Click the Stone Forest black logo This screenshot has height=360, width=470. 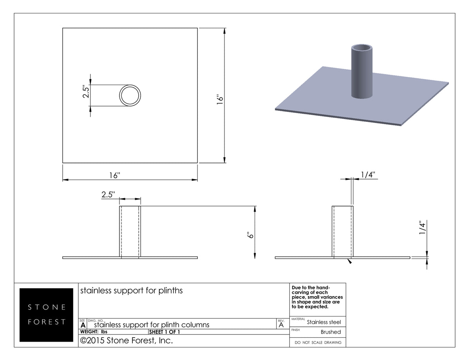[46, 315]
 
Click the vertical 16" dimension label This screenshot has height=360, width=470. [220, 98]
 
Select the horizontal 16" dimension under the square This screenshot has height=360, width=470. [114, 175]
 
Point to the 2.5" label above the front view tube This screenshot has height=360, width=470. [109, 194]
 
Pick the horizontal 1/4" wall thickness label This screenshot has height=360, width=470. [368, 174]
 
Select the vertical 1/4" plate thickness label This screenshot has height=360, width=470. [422, 228]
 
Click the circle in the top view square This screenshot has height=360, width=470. [130, 95]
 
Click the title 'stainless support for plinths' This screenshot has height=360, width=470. [131, 291]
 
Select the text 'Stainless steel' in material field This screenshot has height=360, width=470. [324, 322]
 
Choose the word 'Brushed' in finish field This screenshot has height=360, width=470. [331, 332]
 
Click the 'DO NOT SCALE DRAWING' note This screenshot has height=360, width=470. [318, 343]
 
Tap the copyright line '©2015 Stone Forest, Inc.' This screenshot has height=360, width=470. [126, 341]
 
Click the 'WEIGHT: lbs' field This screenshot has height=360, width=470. [94, 332]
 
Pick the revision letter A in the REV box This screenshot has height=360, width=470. [281, 325]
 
